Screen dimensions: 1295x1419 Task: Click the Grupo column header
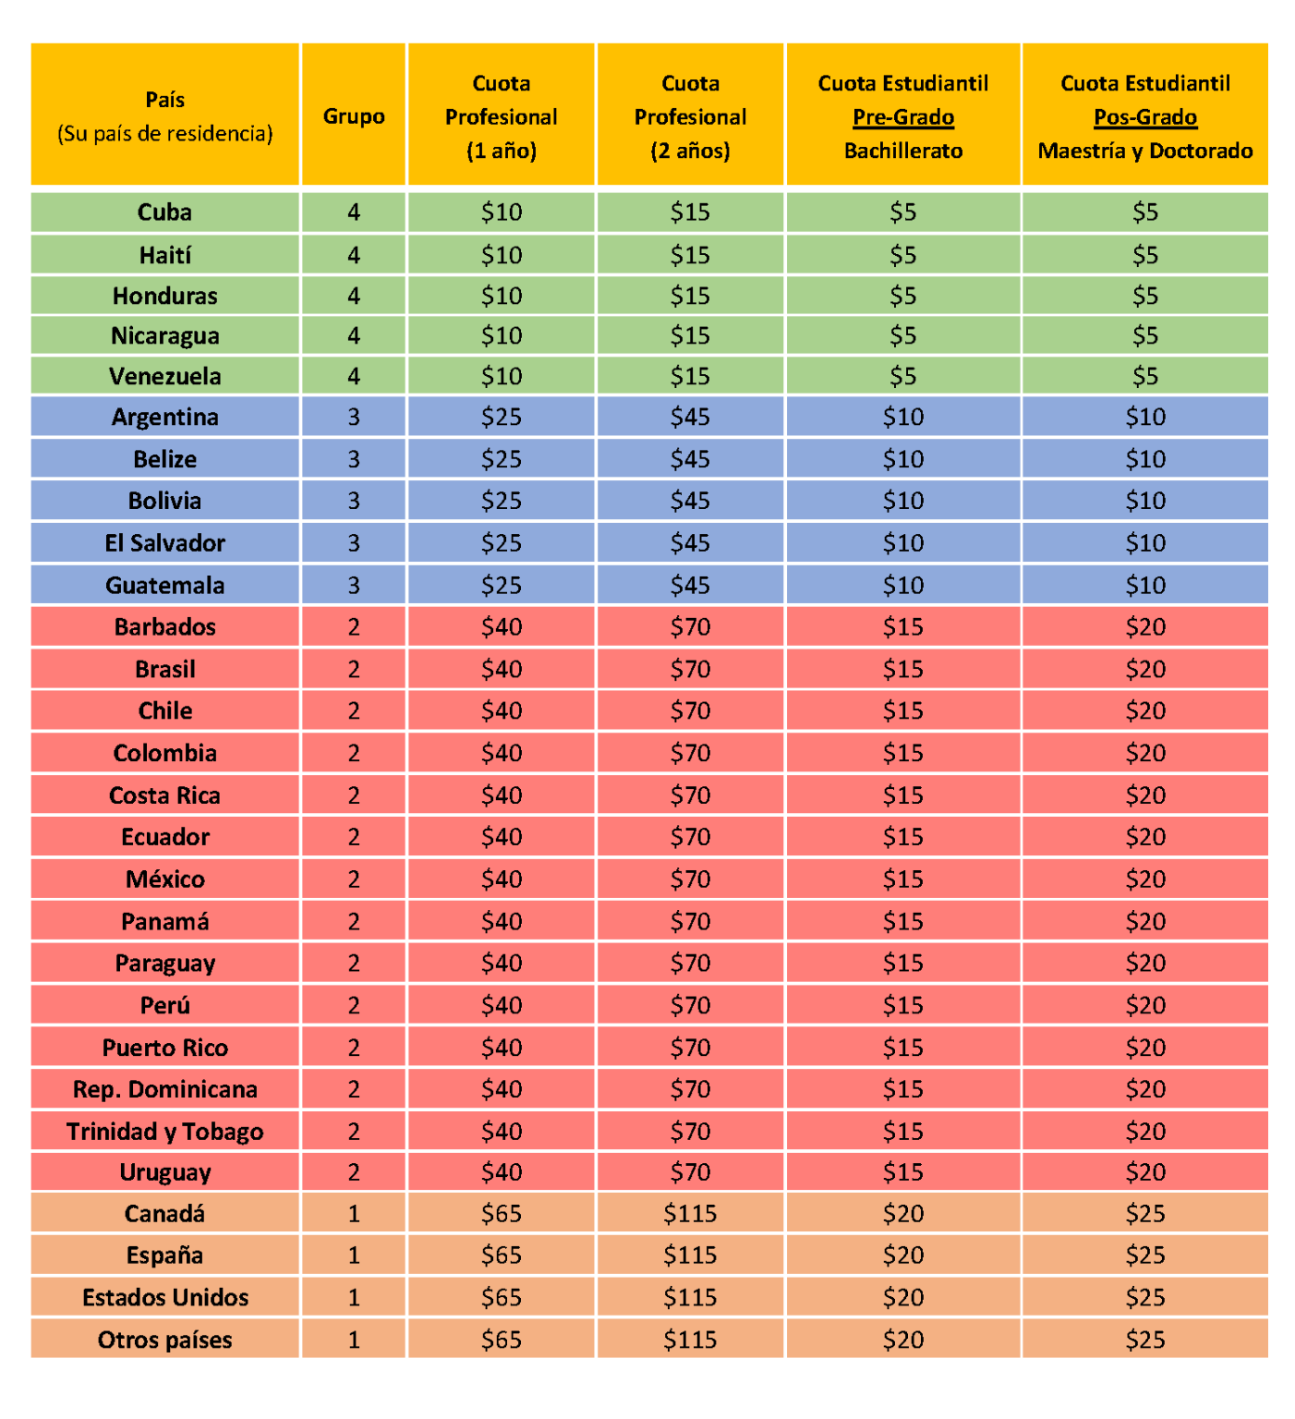pyautogui.click(x=354, y=116)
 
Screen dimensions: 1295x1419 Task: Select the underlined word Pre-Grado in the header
pyautogui.click(x=903, y=117)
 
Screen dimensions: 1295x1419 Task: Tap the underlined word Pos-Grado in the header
pyautogui.click(x=1145, y=117)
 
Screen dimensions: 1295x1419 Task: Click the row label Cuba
pyautogui.click(x=165, y=212)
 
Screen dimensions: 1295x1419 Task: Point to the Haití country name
pyautogui.click(x=165, y=255)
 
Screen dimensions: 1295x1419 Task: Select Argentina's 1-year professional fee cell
pyautogui.click(x=502, y=417)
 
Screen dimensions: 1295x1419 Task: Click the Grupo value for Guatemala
pyautogui.click(x=354, y=585)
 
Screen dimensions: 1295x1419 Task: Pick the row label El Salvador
pyautogui.click(x=165, y=543)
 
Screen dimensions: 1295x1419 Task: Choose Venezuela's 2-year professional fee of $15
pyautogui.click(x=690, y=376)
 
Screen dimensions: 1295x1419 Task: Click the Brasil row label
pyautogui.click(x=165, y=669)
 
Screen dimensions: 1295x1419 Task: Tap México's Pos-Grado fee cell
pyautogui.click(x=1145, y=879)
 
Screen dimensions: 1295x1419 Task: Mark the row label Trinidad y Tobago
pyautogui.click(x=165, y=1132)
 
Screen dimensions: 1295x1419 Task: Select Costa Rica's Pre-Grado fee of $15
pyautogui.click(x=903, y=794)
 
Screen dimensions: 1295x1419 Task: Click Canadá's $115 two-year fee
pyautogui.click(x=690, y=1213)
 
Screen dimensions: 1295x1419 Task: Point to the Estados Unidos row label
pyautogui.click(x=165, y=1298)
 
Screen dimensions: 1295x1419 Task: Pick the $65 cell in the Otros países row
pyautogui.click(x=502, y=1340)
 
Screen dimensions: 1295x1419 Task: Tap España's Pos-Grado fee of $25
pyautogui.click(x=1145, y=1255)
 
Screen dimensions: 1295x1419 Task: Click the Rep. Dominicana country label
pyautogui.click(x=165, y=1089)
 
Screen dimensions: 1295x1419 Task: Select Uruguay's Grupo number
pyautogui.click(x=354, y=1171)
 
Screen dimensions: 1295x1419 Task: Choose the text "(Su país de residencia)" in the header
pyautogui.click(x=165, y=134)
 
